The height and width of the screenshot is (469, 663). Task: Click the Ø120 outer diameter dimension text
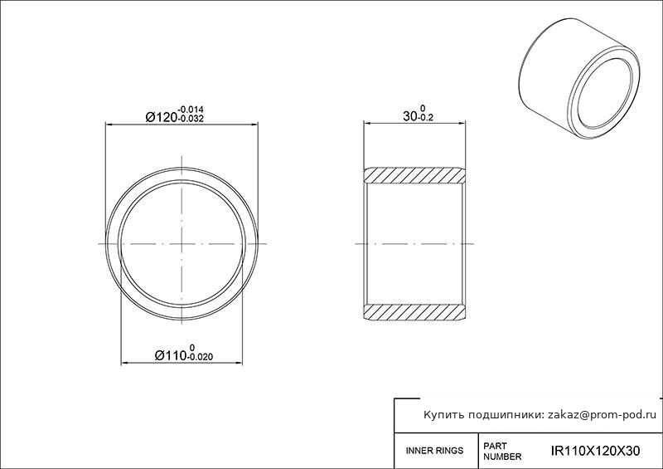coord(161,117)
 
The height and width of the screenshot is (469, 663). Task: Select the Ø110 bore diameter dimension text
coord(171,355)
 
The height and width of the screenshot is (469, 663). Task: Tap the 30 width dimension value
coord(409,116)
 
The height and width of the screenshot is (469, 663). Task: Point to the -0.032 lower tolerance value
coord(191,119)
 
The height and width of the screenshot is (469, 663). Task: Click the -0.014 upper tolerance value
coord(191,110)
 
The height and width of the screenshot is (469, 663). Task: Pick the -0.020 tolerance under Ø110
coord(200,357)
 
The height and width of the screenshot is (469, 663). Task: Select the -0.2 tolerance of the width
coord(425,118)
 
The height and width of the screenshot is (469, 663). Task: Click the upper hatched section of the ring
coord(414,175)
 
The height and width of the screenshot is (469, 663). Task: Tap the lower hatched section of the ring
coord(414,312)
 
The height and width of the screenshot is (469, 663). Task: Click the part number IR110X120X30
coord(595,451)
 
